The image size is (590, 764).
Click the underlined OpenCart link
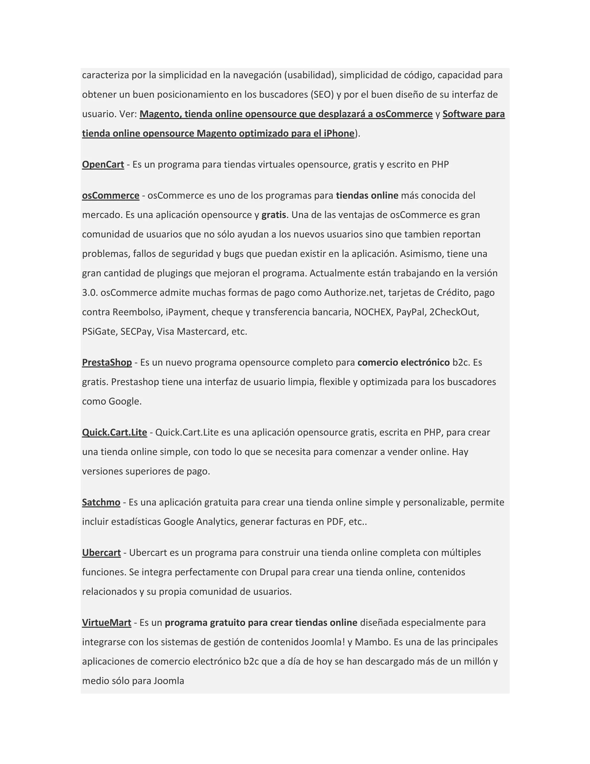[103, 164]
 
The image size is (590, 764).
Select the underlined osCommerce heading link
[110, 195]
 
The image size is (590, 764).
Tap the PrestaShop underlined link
[107, 362]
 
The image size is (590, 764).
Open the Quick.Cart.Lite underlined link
[114, 432]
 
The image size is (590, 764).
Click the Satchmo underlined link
[101, 502]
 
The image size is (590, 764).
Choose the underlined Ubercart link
[101, 553]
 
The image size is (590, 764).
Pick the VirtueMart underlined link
[107, 623]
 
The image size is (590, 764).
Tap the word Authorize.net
[354, 292]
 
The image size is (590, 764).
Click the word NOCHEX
[372, 312]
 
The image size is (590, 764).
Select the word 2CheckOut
[454, 312]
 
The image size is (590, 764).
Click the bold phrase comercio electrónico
[403, 362]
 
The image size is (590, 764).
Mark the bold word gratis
[274, 215]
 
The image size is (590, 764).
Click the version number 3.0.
[90, 292]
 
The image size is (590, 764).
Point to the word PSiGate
[100, 331]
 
